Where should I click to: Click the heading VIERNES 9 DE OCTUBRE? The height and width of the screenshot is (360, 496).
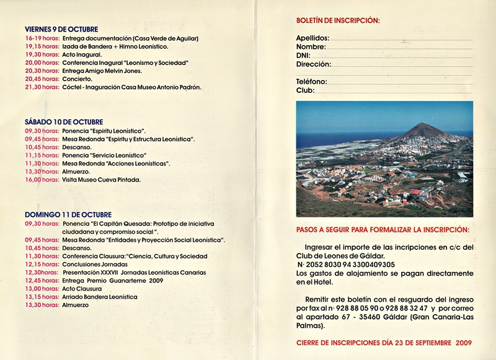[61, 29]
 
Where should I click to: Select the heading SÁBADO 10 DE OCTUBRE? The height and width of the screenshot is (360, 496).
[64, 122]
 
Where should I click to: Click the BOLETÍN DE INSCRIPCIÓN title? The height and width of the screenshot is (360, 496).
[338, 21]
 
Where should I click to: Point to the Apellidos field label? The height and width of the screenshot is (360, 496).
[311, 38]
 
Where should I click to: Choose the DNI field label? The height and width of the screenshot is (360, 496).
[303, 56]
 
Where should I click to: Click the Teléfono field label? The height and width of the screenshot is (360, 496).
[311, 82]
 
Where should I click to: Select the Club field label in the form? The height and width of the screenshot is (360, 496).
[305, 90]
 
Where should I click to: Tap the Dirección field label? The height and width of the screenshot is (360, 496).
[313, 64]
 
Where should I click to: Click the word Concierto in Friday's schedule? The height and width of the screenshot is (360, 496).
[77, 79]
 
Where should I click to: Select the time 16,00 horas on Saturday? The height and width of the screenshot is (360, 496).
[42, 180]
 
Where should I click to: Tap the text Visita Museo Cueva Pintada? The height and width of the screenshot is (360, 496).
[102, 180]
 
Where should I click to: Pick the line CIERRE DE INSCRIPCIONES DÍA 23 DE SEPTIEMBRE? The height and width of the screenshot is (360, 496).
[384, 343]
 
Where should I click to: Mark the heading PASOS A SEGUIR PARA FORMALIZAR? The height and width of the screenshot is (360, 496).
[383, 230]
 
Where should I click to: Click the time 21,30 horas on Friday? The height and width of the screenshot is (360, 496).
[42, 87]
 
